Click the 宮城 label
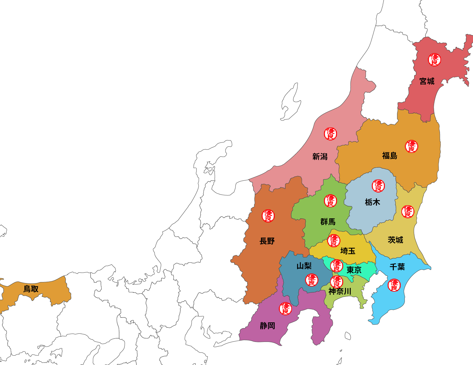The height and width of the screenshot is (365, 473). click(x=427, y=81)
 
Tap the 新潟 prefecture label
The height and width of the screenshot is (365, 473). click(x=320, y=157)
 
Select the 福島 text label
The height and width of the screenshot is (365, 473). click(x=390, y=156)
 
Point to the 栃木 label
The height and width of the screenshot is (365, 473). click(x=372, y=202)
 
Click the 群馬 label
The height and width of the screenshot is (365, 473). click(x=328, y=221)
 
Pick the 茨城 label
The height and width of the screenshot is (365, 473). click(x=395, y=240)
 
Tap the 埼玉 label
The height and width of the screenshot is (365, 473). click(x=348, y=251)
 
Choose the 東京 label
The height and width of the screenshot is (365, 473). click(x=354, y=270)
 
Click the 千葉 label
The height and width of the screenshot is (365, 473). click(x=397, y=267)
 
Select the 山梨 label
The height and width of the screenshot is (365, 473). click(x=304, y=266)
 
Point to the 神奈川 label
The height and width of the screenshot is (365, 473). click(x=340, y=291)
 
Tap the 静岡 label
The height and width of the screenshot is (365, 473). click(x=267, y=326)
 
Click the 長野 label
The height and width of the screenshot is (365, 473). click(x=267, y=241)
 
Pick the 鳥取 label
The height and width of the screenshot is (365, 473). click(x=31, y=289)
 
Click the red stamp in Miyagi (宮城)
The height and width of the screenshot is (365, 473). click(x=434, y=60)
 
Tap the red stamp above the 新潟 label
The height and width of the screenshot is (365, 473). click(x=330, y=134)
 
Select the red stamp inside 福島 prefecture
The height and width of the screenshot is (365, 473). click(x=411, y=146)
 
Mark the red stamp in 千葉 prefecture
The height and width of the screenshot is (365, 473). click(x=394, y=285)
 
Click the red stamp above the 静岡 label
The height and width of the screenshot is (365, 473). click(x=285, y=309)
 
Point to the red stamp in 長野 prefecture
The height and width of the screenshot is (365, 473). click(x=268, y=216)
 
